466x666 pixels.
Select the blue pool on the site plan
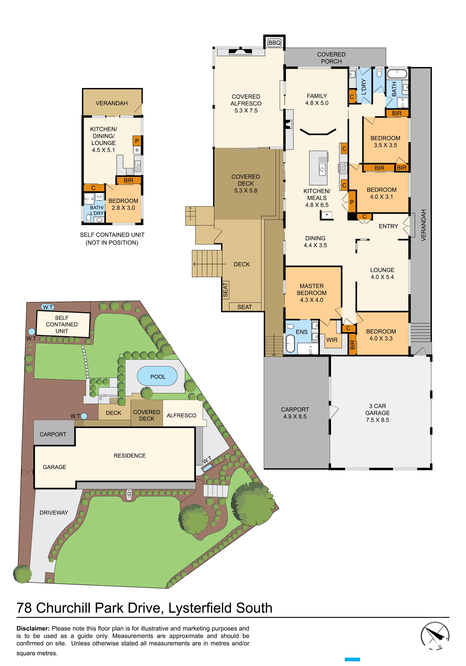[157, 376]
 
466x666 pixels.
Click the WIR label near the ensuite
[332, 340]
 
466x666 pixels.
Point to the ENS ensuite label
[302, 332]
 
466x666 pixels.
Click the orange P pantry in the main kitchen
[352, 202]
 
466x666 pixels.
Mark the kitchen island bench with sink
[318, 168]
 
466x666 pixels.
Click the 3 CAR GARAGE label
[377, 413]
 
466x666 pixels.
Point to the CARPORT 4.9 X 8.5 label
[295, 413]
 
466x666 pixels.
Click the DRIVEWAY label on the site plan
[54, 513]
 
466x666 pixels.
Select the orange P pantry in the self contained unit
[137, 141]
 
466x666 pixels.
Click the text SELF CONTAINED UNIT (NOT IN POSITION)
[112, 238]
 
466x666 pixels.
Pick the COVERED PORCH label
[331, 58]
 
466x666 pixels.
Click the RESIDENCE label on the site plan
[130, 455]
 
